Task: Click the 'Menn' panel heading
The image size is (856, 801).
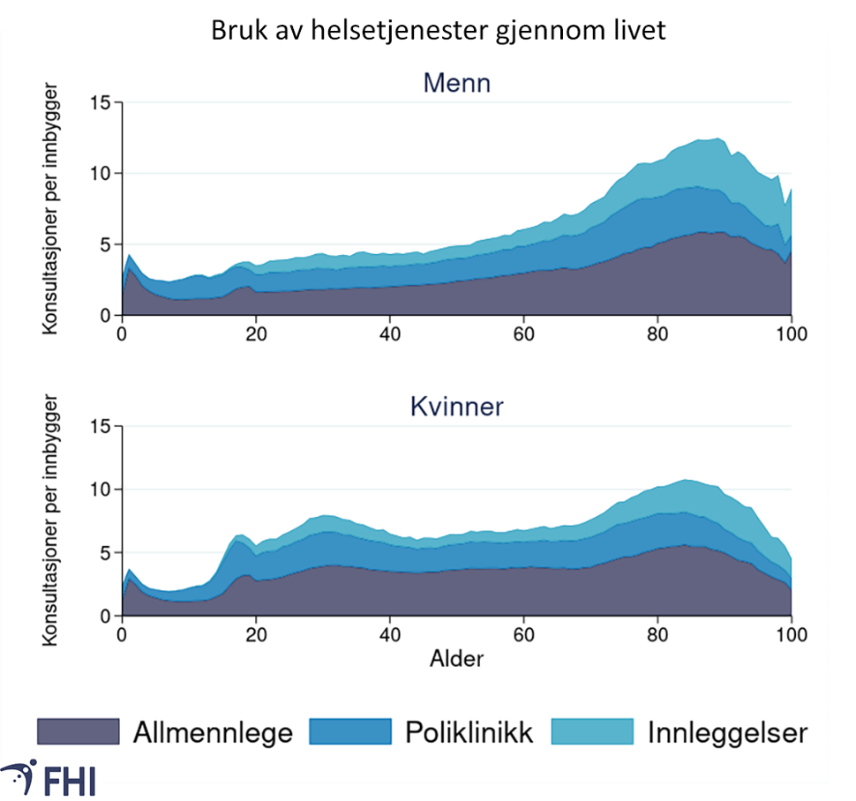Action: (x=456, y=84)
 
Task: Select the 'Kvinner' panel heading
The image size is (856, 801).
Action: (x=456, y=408)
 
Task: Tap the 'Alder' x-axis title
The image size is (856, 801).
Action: (x=456, y=658)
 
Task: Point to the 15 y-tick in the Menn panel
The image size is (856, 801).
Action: (x=103, y=102)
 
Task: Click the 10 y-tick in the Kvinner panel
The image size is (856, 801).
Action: (x=103, y=490)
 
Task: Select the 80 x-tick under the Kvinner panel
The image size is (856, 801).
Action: (x=657, y=634)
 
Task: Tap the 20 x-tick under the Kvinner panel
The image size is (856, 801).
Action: (x=256, y=634)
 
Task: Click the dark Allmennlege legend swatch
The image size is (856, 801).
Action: (x=78, y=731)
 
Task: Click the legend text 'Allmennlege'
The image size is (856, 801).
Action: (x=213, y=732)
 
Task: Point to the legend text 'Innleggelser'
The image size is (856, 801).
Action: (x=726, y=732)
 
